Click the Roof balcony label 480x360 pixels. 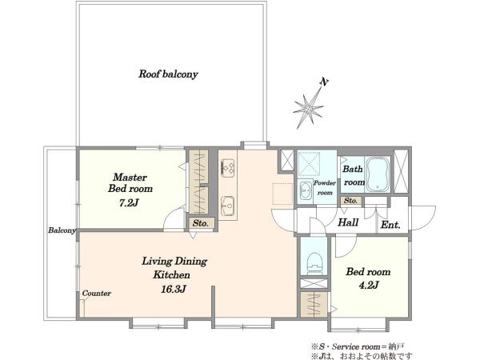tap(168, 74)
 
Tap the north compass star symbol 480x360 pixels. tap(308, 108)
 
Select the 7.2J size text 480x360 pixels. tap(129, 202)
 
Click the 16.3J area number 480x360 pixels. tap(174, 289)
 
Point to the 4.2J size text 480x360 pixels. tap(369, 286)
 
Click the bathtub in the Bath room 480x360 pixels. tap(378, 174)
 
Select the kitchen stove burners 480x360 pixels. tap(228, 168)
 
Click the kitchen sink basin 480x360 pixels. tap(228, 206)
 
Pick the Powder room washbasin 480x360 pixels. tap(305, 191)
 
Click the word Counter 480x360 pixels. tap(97, 294)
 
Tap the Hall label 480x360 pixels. tap(348, 222)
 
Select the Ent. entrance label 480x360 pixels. tap(390, 226)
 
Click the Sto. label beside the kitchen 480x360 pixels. tap(201, 223)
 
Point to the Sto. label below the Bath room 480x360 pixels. tap(350, 201)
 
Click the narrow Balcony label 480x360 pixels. tap(62, 230)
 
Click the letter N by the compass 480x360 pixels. tap(324, 82)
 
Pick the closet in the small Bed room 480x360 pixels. tap(314, 304)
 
